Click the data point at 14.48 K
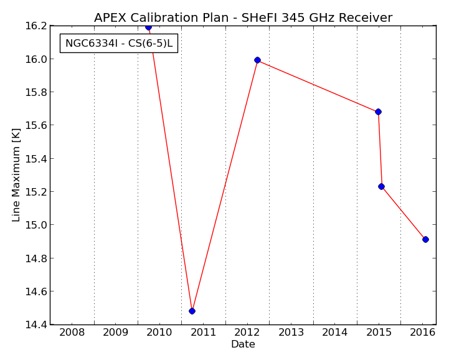[192, 311]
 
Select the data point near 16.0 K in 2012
[257, 60]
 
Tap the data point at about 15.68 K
[378, 111]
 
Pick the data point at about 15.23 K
[381, 186]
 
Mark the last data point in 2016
[425, 239]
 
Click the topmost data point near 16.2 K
[148, 27]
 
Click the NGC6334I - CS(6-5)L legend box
[119, 43]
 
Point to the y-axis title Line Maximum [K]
[16, 174]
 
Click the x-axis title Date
[243, 344]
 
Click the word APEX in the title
[110, 18]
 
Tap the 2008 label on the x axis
[72, 332]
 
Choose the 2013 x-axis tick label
[291, 332]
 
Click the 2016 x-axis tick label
[423, 332]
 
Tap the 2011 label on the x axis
[203, 332]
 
